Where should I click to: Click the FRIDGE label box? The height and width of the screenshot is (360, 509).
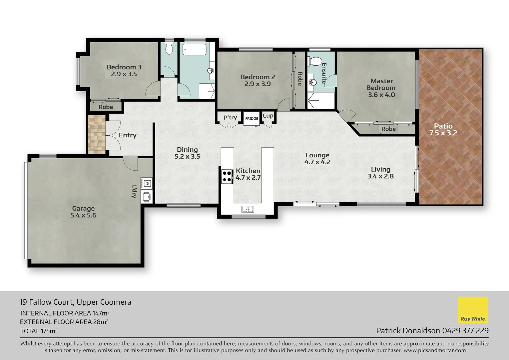252,119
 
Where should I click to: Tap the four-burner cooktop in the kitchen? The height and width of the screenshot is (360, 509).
227,176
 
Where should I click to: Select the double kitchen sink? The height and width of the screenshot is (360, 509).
248,209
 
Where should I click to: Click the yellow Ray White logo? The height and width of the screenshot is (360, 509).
473,310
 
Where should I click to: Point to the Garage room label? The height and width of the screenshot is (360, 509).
83,212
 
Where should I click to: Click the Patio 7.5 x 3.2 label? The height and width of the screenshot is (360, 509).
443,129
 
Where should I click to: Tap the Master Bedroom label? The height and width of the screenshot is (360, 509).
381,88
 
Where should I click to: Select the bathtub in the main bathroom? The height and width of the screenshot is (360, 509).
194,50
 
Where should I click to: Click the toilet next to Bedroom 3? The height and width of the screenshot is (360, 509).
169,49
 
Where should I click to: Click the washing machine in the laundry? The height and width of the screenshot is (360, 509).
147,183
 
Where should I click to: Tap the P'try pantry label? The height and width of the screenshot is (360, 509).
230,117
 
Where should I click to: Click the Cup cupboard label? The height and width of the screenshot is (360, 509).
268,116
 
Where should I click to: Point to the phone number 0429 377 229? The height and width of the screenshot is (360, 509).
465,331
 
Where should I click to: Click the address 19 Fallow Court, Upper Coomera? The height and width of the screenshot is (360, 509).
75,302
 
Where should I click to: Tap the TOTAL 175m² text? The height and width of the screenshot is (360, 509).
39,331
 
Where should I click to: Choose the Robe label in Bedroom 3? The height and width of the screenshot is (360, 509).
106,107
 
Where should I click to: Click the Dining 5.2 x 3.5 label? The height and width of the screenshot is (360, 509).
187,153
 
